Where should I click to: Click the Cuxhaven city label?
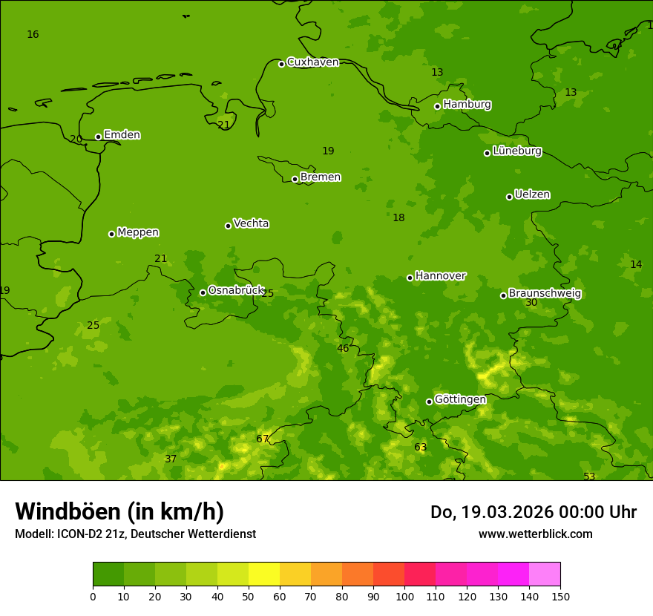[x=312, y=62]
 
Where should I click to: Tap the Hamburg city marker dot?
[x=438, y=106]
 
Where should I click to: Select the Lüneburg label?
[x=516, y=151]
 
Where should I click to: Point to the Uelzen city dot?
[x=509, y=197]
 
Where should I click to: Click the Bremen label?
[x=320, y=177]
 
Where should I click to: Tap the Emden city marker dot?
[x=98, y=137]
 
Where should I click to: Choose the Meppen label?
[x=137, y=232]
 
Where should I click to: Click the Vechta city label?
[x=251, y=223]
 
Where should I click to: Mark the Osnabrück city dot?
[x=203, y=292]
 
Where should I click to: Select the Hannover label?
[x=440, y=276]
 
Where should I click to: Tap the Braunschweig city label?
[x=544, y=294]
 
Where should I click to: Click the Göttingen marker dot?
[x=429, y=402]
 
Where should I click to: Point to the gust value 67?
[x=262, y=439]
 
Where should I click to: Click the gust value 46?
[x=343, y=348]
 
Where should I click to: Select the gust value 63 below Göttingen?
[x=420, y=447]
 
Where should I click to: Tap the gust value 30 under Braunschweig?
[x=531, y=303]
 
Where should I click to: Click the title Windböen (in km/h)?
[x=119, y=511]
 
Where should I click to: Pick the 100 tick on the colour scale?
[x=404, y=596]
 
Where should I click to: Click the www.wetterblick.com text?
[x=535, y=534]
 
